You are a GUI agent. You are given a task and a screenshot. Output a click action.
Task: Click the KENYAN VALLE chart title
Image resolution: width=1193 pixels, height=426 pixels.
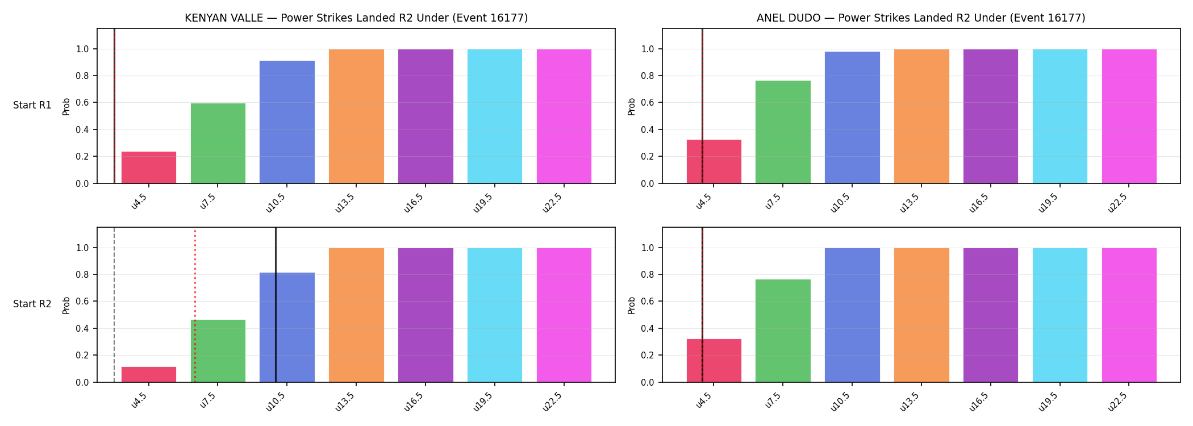click(x=356, y=18)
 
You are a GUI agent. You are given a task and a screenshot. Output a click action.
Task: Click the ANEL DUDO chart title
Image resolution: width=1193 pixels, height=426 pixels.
click(x=921, y=18)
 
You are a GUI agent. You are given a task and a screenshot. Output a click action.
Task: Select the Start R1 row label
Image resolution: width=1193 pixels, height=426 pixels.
click(x=32, y=105)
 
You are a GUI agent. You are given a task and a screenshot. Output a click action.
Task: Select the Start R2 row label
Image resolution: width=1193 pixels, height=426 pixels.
click(x=32, y=304)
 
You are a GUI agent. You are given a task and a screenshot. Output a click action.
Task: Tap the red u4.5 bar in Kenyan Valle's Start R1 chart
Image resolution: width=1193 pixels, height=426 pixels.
click(x=149, y=168)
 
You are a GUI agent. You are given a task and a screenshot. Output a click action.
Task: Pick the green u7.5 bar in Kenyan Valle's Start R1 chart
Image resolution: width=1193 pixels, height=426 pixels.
click(x=218, y=143)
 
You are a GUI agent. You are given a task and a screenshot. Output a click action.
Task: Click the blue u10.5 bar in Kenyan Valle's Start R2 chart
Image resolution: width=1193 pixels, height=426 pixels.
click(x=287, y=327)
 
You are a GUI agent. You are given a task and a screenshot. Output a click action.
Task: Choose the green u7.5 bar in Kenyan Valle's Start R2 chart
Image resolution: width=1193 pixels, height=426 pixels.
click(x=218, y=351)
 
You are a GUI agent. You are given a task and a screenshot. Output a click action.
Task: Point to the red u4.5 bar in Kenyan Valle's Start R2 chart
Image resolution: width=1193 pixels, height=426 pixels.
click(x=149, y=374)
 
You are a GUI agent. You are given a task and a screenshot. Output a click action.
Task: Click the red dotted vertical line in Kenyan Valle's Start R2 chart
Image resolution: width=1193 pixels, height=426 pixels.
click(x=195, y=306)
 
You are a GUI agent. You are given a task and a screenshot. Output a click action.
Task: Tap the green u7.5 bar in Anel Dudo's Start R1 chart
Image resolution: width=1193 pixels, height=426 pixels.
click(x=783, y=132)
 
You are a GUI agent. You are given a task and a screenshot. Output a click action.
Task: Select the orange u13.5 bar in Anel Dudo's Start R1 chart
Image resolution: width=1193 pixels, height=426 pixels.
click(x=921, y=116)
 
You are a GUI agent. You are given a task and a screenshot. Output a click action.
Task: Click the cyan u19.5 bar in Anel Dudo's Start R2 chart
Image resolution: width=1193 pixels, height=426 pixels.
click(x=1060, y=315)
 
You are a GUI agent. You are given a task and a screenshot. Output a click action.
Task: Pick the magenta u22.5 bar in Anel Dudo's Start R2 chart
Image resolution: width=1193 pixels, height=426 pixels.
click(x=1129, y=315)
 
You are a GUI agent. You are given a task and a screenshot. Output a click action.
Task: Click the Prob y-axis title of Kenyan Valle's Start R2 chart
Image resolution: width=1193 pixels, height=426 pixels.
click(x=66, y=305)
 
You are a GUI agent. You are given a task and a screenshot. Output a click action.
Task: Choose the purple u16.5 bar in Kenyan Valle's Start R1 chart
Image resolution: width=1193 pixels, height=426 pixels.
click(x=426, y=116)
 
